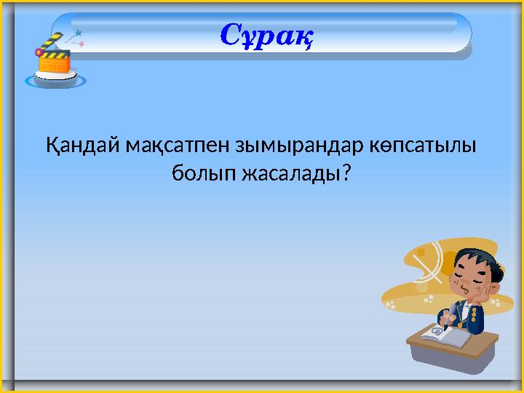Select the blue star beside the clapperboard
point(78,33)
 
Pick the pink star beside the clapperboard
point(82,44)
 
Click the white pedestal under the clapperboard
point(55,79)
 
